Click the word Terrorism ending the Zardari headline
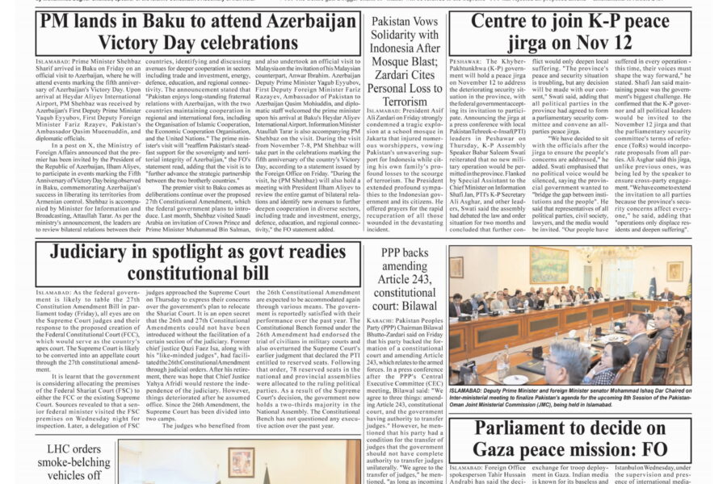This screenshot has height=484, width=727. [x=404, y=101]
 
